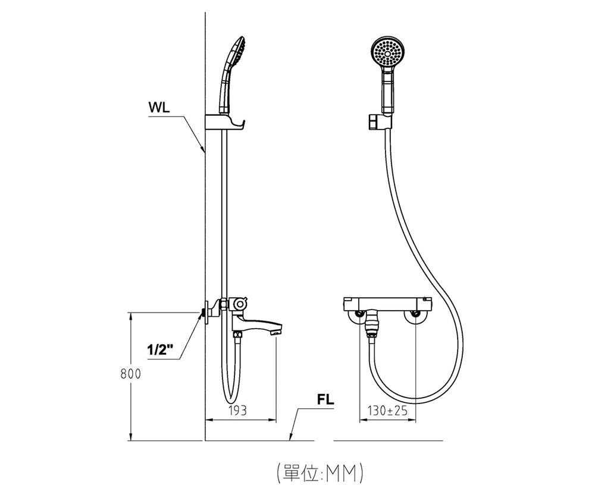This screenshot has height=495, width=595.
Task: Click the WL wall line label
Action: (x=159, y=108)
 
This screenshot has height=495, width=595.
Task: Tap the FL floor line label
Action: (x=325, y=400)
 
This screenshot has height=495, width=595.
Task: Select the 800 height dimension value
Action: (x=130, y=374)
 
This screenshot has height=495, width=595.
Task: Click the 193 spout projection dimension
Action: (x=237, y=411)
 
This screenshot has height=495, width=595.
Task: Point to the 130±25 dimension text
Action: (x=387, y=411)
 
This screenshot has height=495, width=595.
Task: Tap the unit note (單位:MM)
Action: (x=320, y=472)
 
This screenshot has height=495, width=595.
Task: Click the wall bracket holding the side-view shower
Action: (x=224, y=122)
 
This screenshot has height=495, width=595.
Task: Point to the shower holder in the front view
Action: (x=380, y=122)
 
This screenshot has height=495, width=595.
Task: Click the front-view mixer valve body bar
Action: (x=387, y=304)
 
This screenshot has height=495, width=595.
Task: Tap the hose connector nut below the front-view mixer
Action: (x=370, y=327)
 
